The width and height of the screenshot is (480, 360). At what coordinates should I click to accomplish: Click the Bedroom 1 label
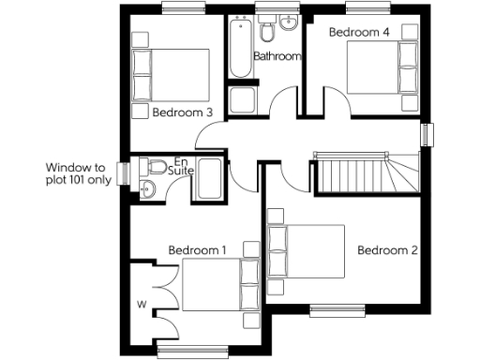click(x=198, y=250)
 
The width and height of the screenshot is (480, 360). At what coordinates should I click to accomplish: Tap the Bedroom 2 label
click(x=387, y=250)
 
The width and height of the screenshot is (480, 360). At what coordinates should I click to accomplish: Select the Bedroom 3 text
click(x=183, y=112)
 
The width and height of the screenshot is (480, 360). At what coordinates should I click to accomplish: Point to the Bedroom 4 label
click(x=358, y=32)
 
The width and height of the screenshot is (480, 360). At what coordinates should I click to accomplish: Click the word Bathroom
click(x=277, y=56)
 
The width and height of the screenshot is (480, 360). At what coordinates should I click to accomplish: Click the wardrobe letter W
click(x=142, y=304)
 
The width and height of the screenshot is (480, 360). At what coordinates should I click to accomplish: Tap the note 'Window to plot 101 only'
click(x=79, y=174)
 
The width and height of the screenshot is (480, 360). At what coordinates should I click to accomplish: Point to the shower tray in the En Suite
click(x=209, y=178)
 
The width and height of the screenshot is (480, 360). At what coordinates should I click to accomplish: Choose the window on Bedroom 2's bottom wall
click(x=337, y=308)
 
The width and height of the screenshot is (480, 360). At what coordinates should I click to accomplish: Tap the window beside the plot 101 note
click(x=122, y=174)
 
